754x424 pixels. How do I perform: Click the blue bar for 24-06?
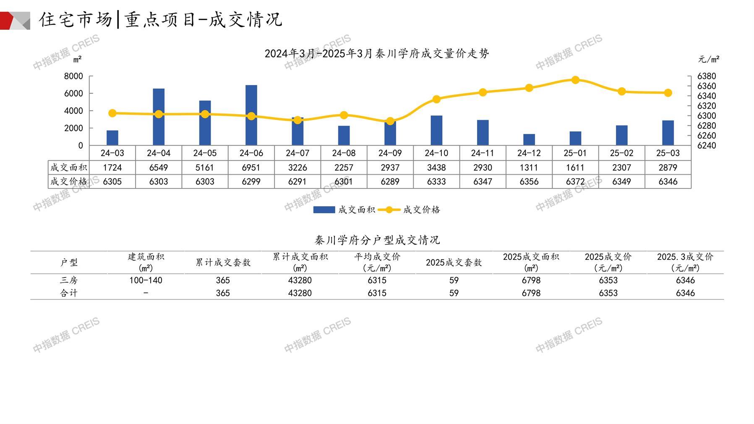point(251,115)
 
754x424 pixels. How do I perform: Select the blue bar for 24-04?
point(159,117)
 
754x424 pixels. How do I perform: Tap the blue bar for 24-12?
point(529,140)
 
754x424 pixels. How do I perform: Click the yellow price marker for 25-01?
point(575,80)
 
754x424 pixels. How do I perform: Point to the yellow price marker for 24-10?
point(436,99)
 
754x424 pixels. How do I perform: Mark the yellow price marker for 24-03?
point(112,113)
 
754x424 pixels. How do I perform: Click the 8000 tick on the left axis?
point(73,76)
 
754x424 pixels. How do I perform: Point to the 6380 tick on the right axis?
point(707,76)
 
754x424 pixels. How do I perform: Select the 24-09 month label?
point(390,153)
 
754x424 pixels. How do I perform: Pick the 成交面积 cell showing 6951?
point(251,168)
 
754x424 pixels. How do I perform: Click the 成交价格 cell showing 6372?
point(575,182)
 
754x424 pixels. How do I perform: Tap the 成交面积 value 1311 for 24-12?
point(529,168)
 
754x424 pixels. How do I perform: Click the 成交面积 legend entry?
point(344,209)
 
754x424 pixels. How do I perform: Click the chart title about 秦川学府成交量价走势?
point(377,54)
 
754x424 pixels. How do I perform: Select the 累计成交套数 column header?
point(223,262)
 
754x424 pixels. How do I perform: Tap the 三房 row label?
point(69,280)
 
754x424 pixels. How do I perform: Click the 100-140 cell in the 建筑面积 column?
point(146,280)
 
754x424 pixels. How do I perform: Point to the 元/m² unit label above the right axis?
point(709,59)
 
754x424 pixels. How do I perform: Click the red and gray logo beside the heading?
point(15,21)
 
